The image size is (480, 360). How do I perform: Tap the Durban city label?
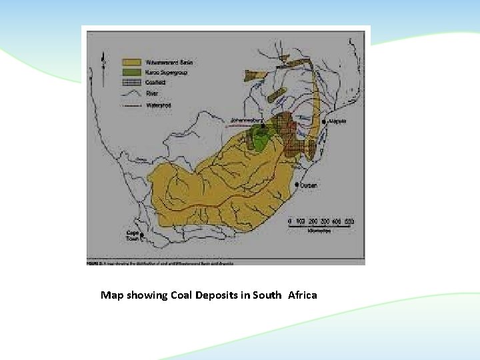tap(308, 186)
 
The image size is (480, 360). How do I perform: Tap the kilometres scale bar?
tap(320, 227)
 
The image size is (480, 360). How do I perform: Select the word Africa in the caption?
tap(303, 295)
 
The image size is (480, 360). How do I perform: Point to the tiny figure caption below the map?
tap(160, 264)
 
